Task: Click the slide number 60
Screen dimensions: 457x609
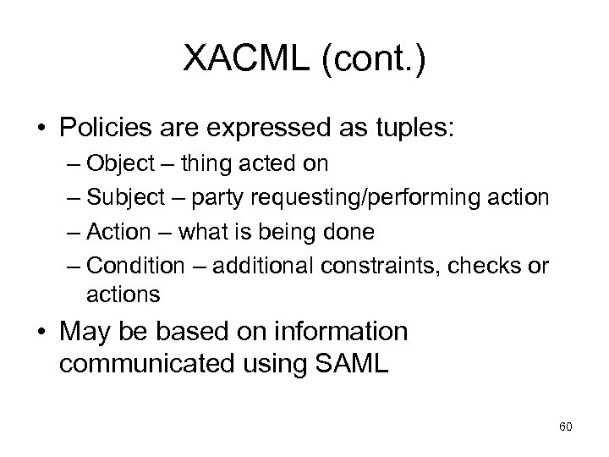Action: coord(566,427)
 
